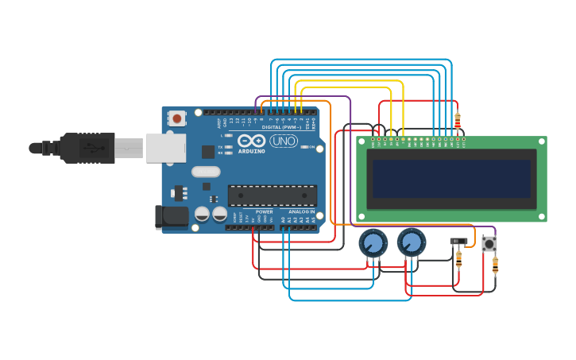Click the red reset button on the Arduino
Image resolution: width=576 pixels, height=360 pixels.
click(176, 118)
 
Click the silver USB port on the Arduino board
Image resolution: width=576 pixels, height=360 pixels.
click(165, 148)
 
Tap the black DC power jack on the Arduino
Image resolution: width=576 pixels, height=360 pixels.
click(171, 215)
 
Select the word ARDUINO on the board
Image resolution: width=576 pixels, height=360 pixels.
click(252, 150)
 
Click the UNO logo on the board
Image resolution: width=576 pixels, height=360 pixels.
click(284, 141)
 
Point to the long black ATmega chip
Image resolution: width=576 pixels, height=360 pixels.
click(273, 195)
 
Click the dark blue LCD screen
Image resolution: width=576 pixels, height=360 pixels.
click(451, 179)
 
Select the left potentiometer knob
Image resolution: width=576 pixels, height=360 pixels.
click(373, 242)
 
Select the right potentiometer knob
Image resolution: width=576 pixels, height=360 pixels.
click(411, 242)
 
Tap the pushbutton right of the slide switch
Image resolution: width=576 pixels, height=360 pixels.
click(489, 244)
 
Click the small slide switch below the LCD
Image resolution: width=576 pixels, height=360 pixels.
click(458, 241)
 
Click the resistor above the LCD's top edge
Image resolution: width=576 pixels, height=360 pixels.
click(457, 121)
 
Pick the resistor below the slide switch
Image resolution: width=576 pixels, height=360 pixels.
click(458, 259)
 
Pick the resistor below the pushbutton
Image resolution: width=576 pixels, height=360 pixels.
click(495, 265)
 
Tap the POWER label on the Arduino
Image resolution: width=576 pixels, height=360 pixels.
click(264, 212)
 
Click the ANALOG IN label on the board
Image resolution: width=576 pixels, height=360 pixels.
click(302, 212)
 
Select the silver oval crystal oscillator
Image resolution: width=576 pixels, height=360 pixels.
click(206, 172)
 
